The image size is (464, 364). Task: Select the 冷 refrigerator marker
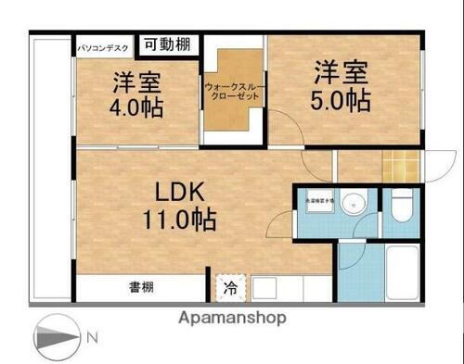click(x=228, y=287)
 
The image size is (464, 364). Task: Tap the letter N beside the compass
click(x=92, y=338)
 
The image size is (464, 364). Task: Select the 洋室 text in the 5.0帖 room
click(x=342, y=69)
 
